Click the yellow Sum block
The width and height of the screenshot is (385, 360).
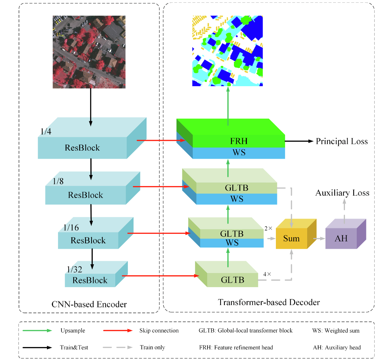click(x=292, y=238)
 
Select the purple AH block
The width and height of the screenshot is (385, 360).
click(x=341, y=238)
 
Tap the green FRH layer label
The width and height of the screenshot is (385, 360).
click(x=239, y=141)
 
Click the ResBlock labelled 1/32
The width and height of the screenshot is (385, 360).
click(x=90, y=280)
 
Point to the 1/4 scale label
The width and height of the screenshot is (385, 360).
click(x=46, y=132)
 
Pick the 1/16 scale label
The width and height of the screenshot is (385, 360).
click(x=71, y=228)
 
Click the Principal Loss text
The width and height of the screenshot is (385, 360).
click(x=342, y=141)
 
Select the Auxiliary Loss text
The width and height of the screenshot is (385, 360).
click(x=342, y=193)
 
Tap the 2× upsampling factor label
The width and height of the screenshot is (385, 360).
click(x=268, y=228)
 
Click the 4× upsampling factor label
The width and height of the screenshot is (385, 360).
click(x=267, y=274)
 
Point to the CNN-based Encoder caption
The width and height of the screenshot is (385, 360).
click(x=89, y=304)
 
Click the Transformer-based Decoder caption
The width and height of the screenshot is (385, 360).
click(x=269, y=302)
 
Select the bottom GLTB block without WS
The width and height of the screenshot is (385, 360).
click(x=232, y=280)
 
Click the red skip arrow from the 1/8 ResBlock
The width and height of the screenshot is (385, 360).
click(x=160, y=187)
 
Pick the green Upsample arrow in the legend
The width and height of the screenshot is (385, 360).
click(x=37, y=331)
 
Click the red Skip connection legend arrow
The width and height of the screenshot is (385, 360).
click(x=117, y=331)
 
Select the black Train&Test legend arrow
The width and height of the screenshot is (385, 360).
click(x=37, y=347)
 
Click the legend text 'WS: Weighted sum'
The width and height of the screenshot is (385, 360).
click(x=335, y=331)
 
